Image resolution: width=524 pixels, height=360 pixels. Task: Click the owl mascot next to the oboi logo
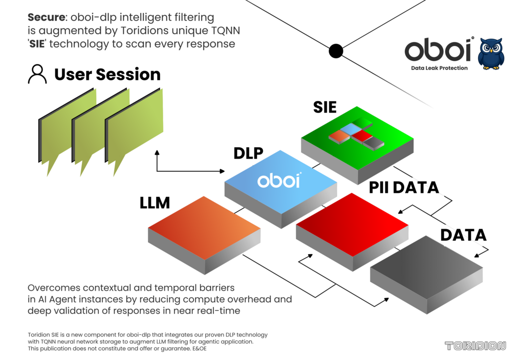491,54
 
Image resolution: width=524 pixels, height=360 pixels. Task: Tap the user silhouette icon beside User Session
37,74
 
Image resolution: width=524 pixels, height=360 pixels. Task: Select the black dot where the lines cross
336,51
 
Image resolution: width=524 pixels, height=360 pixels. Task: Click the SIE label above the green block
324,107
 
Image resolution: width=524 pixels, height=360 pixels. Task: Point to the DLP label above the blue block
248,153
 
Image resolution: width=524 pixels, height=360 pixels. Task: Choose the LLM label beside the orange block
155,202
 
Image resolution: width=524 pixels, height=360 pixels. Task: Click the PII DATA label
404,187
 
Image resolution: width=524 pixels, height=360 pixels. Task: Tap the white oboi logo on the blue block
279,181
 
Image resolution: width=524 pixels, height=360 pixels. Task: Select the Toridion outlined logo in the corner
475,346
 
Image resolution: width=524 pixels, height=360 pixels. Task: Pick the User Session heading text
107,74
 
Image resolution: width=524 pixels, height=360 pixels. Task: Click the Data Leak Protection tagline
439,68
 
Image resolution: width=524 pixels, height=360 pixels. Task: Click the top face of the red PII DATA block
352,224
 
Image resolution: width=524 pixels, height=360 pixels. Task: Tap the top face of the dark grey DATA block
426,267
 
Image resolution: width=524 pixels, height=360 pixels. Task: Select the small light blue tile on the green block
351,128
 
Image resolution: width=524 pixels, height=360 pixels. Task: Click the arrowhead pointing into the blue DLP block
222,171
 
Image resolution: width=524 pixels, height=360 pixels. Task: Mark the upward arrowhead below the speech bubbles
157,152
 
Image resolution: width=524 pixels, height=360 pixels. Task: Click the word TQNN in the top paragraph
226,30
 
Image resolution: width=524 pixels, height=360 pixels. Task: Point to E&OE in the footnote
199,349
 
